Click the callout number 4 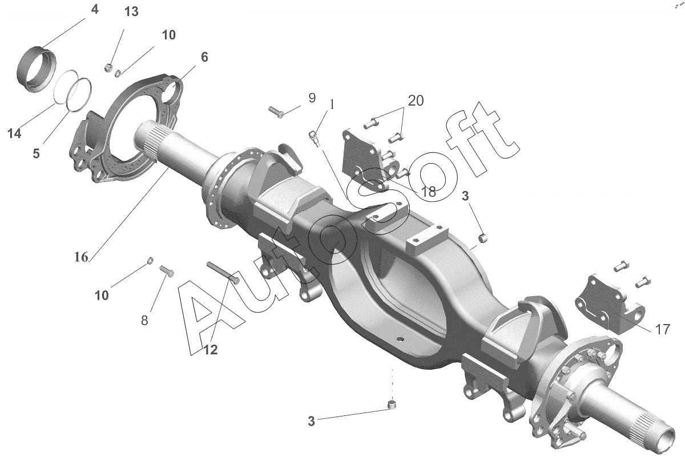click(x=95, y=10)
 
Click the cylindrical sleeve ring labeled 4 click(x=37, y=69)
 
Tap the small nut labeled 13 click(x=109, y=67)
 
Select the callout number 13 click(x=131, y=12)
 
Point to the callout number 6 click(x=204, y=57)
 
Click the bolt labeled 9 click(x=276, y=112)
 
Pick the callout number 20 click(x=416, y=100)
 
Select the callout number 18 click(x=429, y=192)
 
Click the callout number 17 click(x=663, y=329)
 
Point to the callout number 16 click(x=81, y=257)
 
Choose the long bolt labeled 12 click(x=223, y=273)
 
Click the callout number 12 click(x=211, y=350)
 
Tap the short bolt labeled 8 click(x=167, y=271)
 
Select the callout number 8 click(x=144, y=321)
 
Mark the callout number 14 click(x=14, y=134)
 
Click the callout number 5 click(x=37, y=153)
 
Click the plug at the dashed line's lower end click(x=392, y=405)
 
